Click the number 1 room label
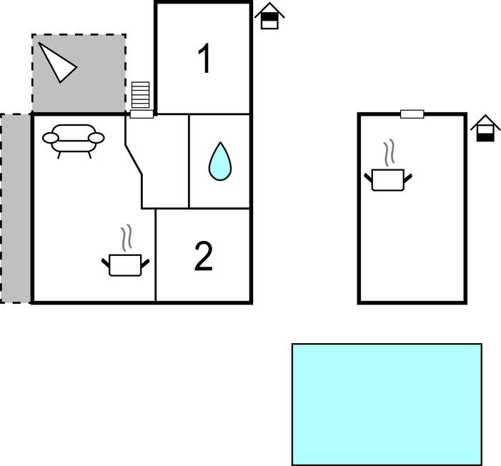[204, 58]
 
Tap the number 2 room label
[204, 256]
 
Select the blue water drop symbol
[220, 162]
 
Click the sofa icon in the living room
[73, 141]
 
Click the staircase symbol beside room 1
[141, 95]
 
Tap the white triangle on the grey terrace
[57, 63]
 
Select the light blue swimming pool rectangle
[387, 405]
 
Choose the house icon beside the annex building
[485, 128]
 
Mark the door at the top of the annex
[412, 114]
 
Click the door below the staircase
[142, 114]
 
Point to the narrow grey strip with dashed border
[15, 209]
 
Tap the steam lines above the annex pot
[390, 153]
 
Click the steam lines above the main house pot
[127, 238]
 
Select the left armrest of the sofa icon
[51, 138]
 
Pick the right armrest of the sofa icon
[96, 138]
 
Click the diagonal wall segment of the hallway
[134, 160]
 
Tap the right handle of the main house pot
[145, 264]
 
